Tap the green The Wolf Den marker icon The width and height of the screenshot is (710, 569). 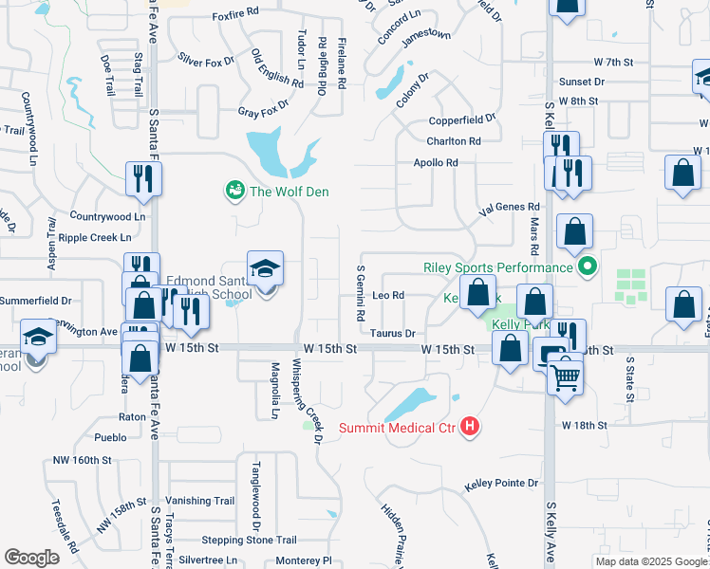pyautogui.click(x=233, y=192)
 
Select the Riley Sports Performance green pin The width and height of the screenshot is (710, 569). pyautogui.click(x=588, y=267)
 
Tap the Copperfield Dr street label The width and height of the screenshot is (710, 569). pyautogui.click(x=462, y=119)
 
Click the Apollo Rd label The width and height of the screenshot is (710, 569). pyautogui.click(x=436, y=162)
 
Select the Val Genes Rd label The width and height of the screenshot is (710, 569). pyautogui.click(x=510, y=206)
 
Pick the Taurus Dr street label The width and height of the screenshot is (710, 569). pyautogui.click(x=393, y=333)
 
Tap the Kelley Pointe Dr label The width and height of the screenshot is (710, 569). pyautogui.click(x=501, y=484)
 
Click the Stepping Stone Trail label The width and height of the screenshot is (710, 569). pyautogui.click(x=249, y=540)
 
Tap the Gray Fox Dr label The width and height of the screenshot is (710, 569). pyautogui.click(x=262, y=111)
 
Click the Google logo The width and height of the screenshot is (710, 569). pyautogui.click(x=31, y=558)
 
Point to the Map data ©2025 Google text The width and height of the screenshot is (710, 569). pyautogui.click(x=650, y=561)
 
